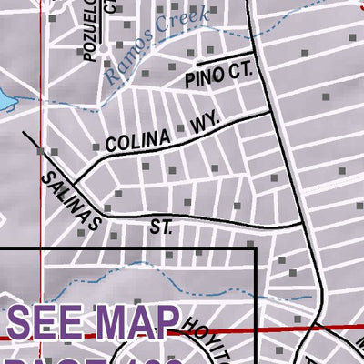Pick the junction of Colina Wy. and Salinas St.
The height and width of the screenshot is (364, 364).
pyautogui.click(x=73, y=179)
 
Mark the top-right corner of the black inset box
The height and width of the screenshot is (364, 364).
pyautogui.click(x=255, y=248)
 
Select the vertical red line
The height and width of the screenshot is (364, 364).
pyautogui.click(x=39, y=136)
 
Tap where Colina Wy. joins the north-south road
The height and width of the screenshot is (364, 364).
pyautogui.click(x=271, y=110)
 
